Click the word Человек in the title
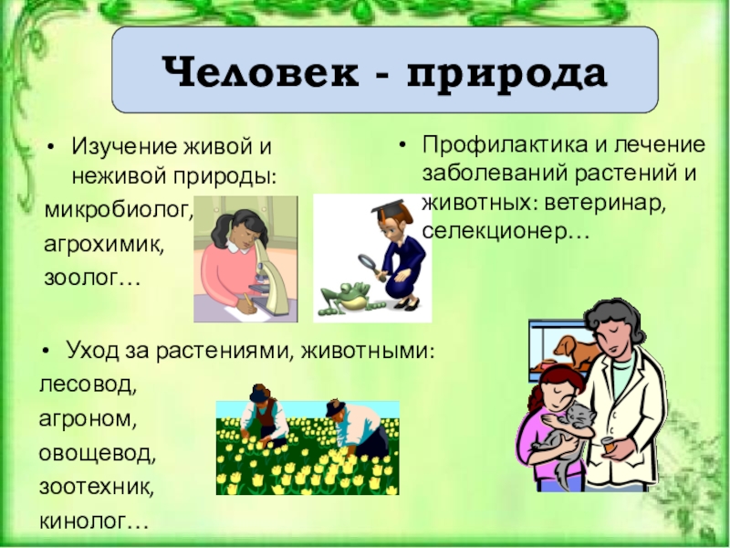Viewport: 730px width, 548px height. [261, 72]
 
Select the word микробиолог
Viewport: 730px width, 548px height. [119, 210]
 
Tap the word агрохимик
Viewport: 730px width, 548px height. [104, 244]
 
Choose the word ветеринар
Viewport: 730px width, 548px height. [605, 203]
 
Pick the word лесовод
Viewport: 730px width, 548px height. [88, 385]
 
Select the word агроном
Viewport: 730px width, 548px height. [88, 419]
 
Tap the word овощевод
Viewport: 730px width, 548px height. [98, 453]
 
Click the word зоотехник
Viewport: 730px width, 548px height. [97, 487]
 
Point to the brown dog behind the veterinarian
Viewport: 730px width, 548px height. [575, 350]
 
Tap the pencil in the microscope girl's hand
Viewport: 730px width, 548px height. [248, 300]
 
